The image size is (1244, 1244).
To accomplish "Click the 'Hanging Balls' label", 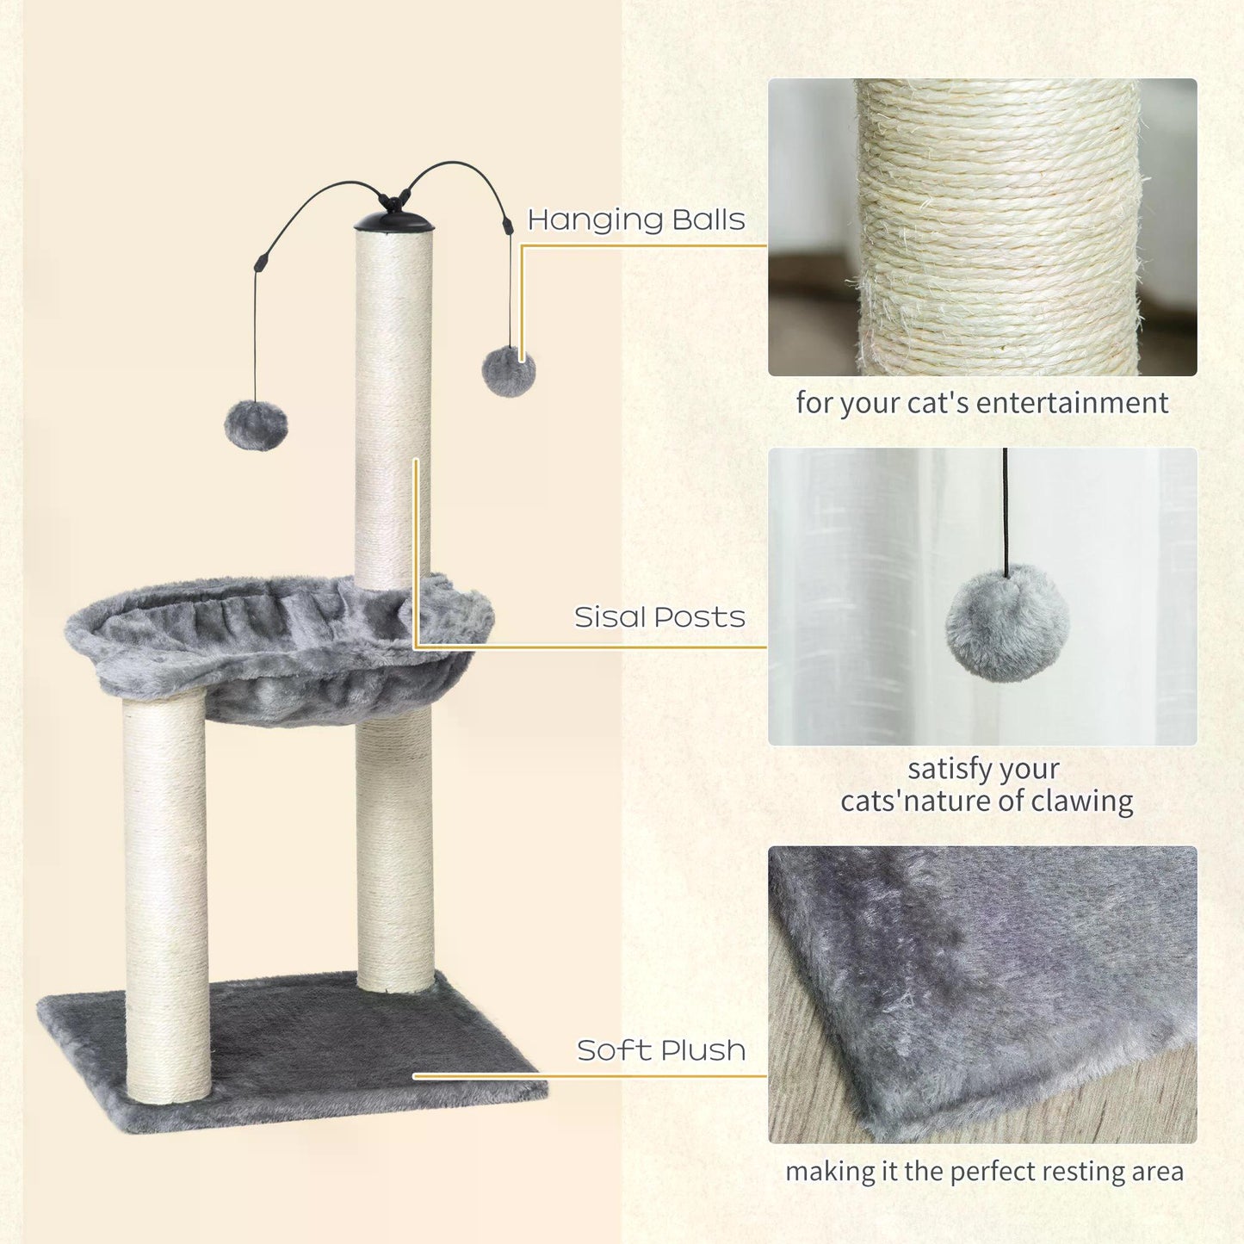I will click(x=635, y=220).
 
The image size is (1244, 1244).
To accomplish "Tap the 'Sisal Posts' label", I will click(x=659, y=617).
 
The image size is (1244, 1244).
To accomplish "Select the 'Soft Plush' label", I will click(x=661, y=1050).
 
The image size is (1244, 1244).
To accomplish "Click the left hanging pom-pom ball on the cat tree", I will click(x=256, y=425).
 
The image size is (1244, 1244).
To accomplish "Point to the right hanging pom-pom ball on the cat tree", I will click(x=509, y=372).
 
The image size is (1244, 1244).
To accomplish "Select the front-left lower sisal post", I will click(x=166, y=895).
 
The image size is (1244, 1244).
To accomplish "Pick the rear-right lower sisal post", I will click(x=395, y=852).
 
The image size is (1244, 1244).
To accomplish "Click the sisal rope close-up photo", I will click(x=981, y=227).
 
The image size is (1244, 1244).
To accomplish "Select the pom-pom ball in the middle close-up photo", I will click(x=1007, y=622).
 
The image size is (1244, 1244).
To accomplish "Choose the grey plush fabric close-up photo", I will click(x=981, y=994).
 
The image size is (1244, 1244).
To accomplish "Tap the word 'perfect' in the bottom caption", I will click(x=993, y=1172).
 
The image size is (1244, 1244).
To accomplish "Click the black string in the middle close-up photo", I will click(x=1005, y=508).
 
